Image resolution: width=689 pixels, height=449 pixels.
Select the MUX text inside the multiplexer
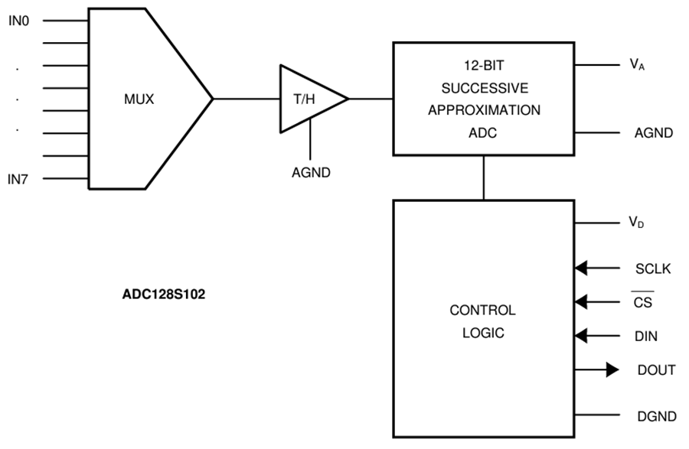click(x=139, y=99)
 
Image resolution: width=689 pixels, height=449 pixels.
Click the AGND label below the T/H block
click(x=311, y=173)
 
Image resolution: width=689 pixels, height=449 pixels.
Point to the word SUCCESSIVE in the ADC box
click(x=484, y=88)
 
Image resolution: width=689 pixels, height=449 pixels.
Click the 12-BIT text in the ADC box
click(x=484, y=67)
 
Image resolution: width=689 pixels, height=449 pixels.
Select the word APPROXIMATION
click(x=484, y=110)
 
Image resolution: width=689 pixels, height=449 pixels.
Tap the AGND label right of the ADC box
click(x=653, y=133)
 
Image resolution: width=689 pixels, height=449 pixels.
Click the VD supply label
click(x=635, y=223)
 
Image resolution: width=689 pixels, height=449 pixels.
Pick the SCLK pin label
click(x=653, y=268)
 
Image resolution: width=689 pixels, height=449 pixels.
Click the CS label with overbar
click(x=643, y=301)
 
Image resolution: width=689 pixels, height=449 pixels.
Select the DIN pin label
click(x=645, y=336)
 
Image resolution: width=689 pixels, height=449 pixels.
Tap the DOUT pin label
click(x=656, y=370)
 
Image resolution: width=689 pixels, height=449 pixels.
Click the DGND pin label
click(x=656, y=417)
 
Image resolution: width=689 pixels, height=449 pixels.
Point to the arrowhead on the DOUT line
click(x=612, y=370)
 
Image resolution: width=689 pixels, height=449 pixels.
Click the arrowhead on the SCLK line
click(x=581, y=268)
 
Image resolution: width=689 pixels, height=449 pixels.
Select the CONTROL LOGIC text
click(x=482, y=322)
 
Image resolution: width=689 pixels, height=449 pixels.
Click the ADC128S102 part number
click(x=158, y=293)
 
